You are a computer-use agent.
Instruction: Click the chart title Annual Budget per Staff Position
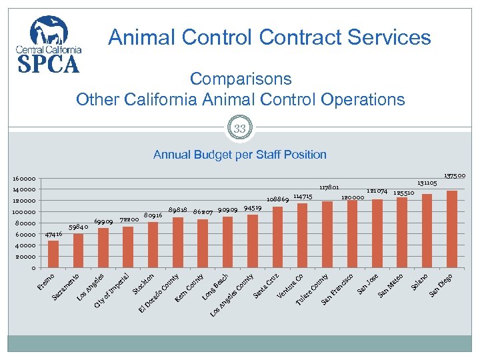click(x=240, y=155)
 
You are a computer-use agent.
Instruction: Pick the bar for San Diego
click(x=451, y=229)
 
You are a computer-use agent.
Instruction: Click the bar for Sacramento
click(x=78, y=251)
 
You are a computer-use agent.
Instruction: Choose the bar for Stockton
click(x=153, y=245)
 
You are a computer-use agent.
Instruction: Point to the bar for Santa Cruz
click(x=277, y=237)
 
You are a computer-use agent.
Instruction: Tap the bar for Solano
click(x=427, y=231)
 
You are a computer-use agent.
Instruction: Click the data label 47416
click(x=53, y=235)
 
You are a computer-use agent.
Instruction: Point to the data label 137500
click(x=455, y=176)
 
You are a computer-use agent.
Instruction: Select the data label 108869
click(x=277, y=199)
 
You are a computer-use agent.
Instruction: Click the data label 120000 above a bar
click(x=352, y=197)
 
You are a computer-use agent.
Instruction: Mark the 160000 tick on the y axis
click(x=23, y=179)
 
